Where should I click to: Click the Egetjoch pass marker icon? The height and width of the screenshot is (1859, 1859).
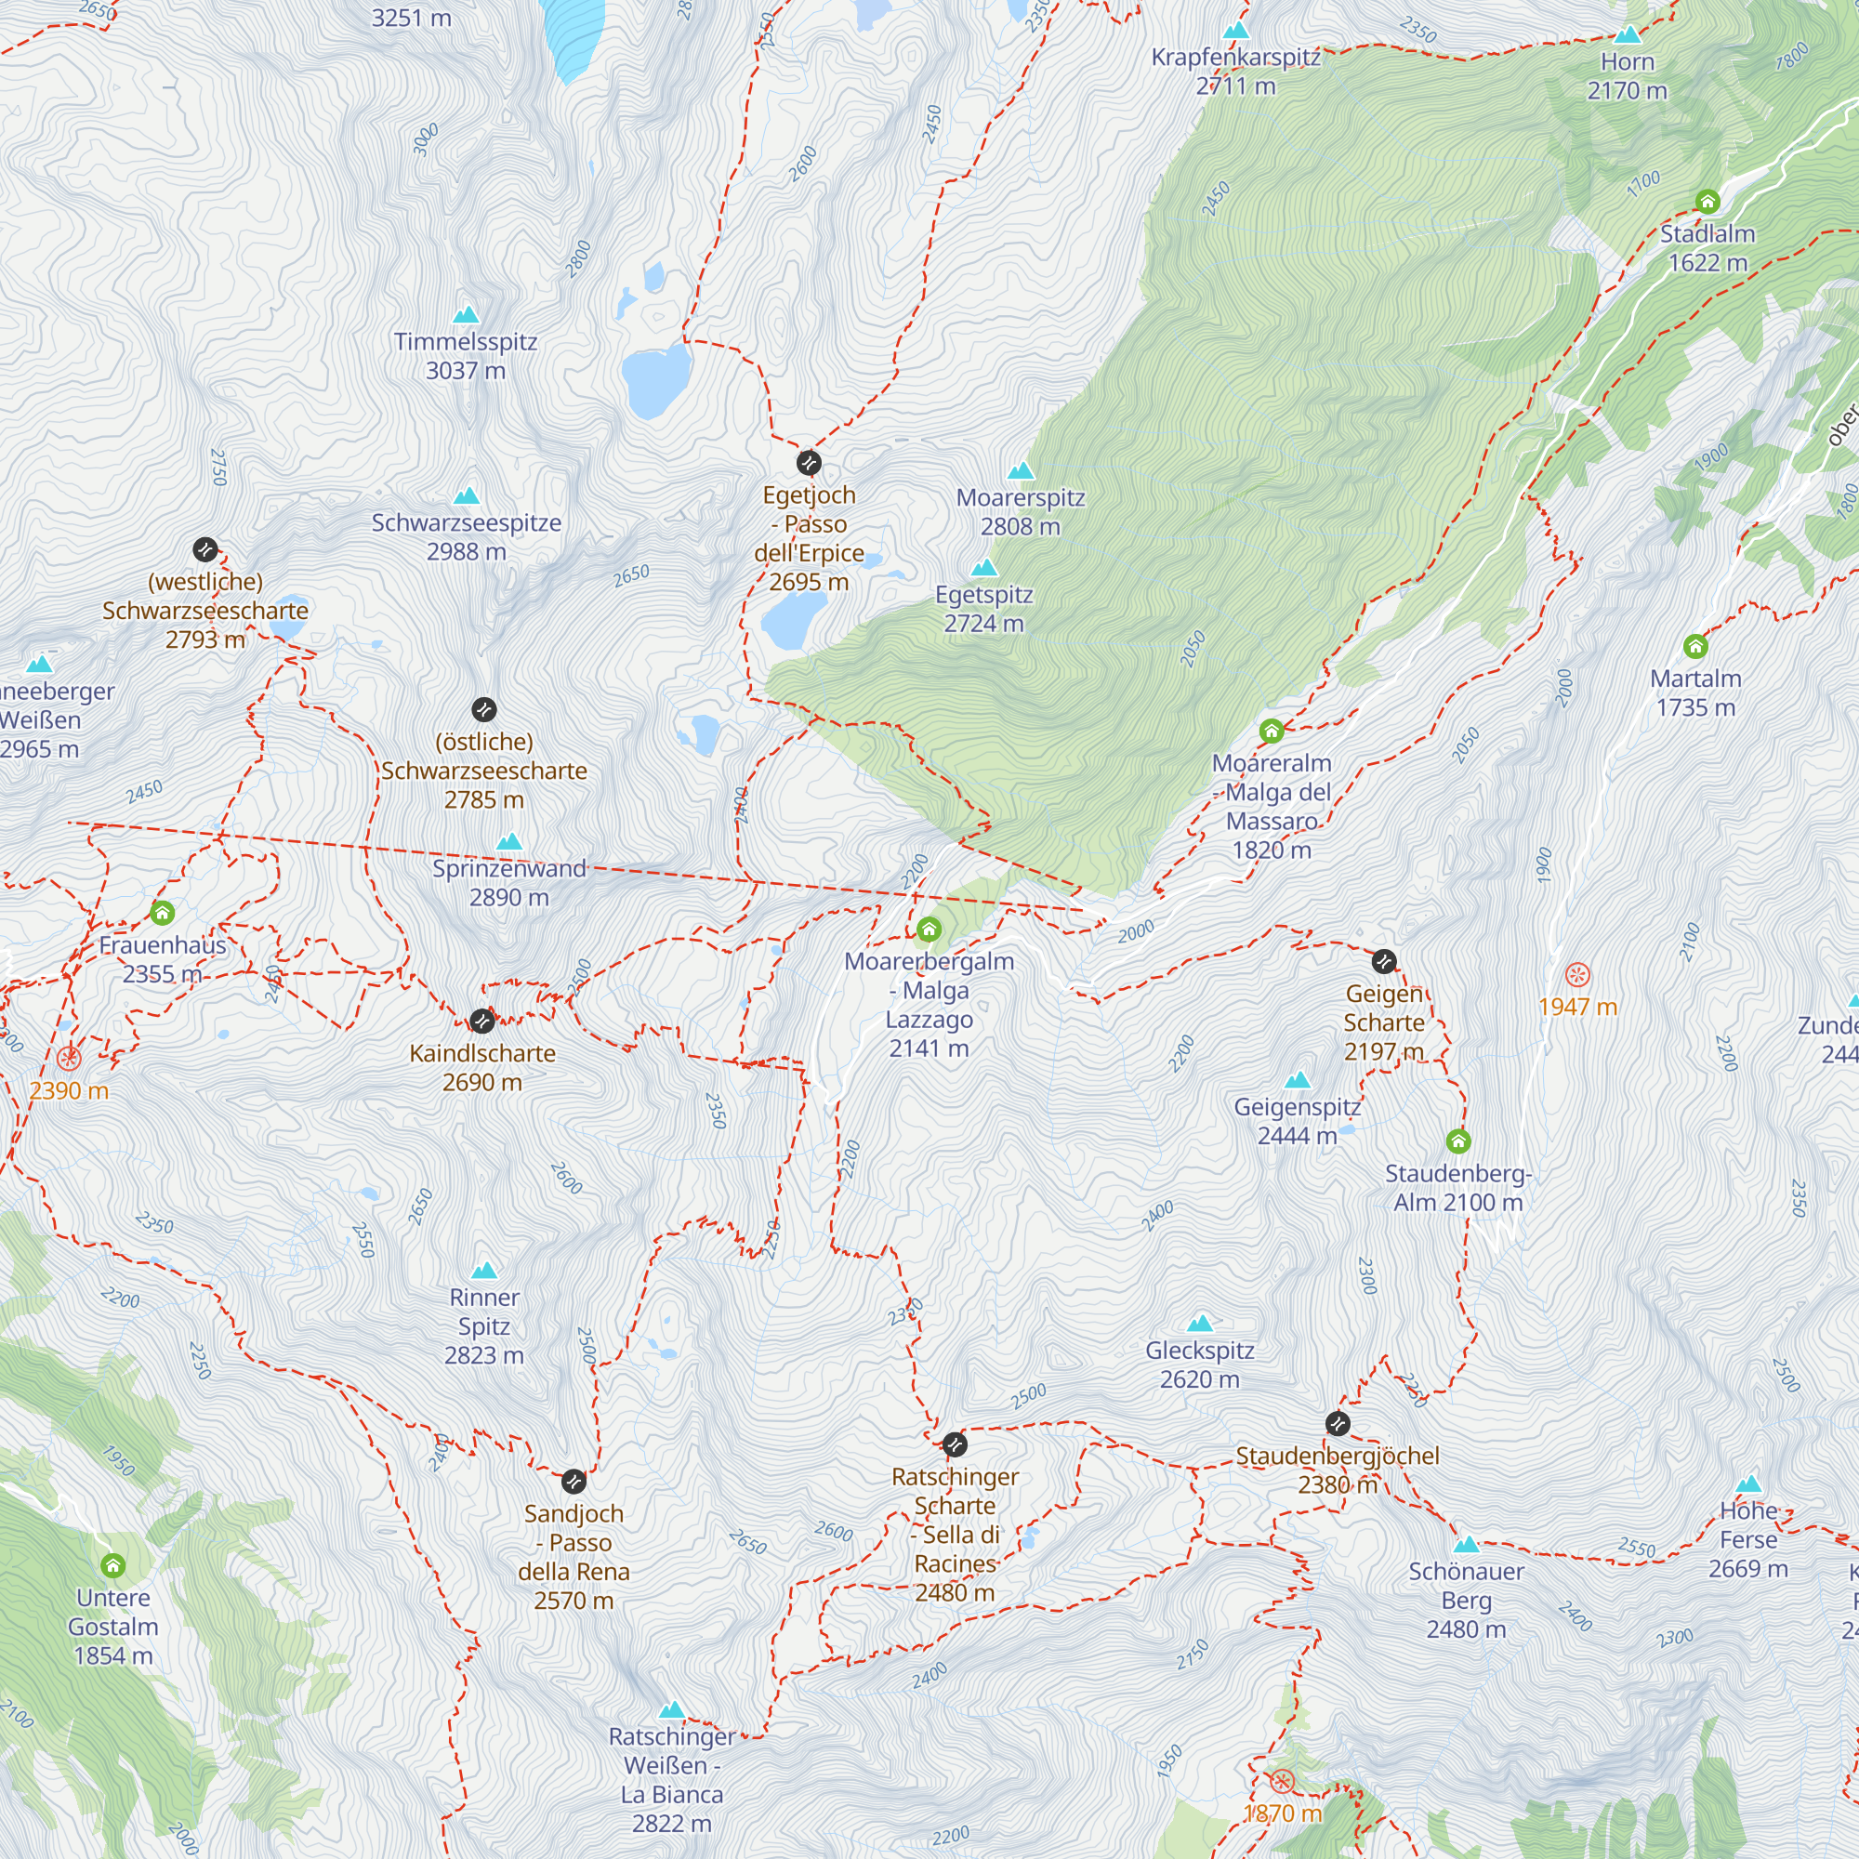pyautogui.click(x=810, y=464)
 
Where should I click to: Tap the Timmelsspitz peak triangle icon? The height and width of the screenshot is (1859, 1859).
pyautogui.click(x=466, y=315)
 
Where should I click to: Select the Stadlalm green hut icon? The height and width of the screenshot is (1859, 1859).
pyautogui.click(x=1707, y=202)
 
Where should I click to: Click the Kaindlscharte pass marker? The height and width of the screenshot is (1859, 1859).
pyautogui.click(x=482, y=1021)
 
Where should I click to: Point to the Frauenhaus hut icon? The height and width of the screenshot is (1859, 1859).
pyautogui.click(x=162, y=912)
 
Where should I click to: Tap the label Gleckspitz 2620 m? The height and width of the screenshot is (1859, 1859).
pyautogui.click(x=1199, y=1365)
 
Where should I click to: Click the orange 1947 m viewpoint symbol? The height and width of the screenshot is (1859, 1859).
pyautogui.click(x=1577, y=975)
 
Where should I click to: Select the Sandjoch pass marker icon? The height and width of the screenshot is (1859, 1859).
pyautogui.click(x=574, y=1481)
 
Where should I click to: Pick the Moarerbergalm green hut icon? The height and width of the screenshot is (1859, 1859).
pyautogui.click(x=929, y=929)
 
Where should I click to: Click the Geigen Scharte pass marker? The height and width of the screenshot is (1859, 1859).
pyautogui.click(x=1384, y=961)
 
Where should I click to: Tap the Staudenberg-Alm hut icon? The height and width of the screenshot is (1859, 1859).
pyautogui.click(x=1458, y=1141)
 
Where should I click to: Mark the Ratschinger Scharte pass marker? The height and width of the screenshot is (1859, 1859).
pyautogui.click(x=955, y=1444)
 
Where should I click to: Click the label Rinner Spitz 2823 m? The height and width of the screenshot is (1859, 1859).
pyautogui.click(x=484, y=1326)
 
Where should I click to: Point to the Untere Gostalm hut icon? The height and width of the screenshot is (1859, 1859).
pyautogui.click(x=113, y=1565)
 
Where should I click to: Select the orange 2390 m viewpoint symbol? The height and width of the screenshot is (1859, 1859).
pyautogui.click(x=68, y=1059)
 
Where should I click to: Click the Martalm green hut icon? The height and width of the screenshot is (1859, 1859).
pyautogui.click(x=1695, y=646)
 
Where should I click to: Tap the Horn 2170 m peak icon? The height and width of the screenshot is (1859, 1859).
pyautogui.click(x=1628, y=35)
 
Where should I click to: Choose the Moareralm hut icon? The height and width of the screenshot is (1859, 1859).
pyautogui.click(x=1271, y=732)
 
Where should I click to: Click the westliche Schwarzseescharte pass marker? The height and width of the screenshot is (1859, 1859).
pyautogui.click(x=204, y=549)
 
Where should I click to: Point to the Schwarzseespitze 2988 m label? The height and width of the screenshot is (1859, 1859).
pyautogui.click(x=467, y=537)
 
